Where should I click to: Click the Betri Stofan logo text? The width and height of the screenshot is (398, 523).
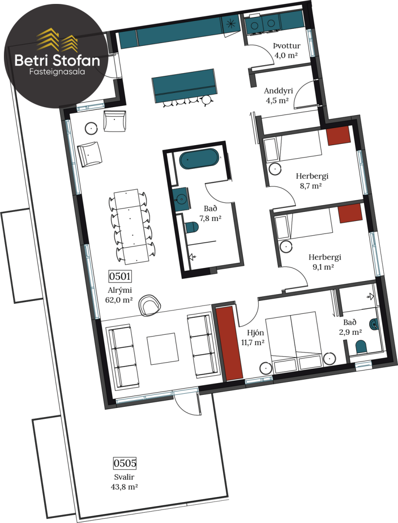pyautogui.click(x=57, y=61)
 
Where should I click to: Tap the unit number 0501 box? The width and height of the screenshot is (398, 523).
pyautogui.click(x=120, y=276)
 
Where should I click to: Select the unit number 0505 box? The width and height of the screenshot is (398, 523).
pyautogui.click(x=125, y=463)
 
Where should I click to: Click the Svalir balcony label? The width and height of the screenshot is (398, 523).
pyautogui.click(x=124, y=477)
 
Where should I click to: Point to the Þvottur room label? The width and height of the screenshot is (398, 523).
pyautogui.click(x=287, y=45)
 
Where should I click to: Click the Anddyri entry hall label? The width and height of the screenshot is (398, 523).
pyautogui.click(x=279, y=91)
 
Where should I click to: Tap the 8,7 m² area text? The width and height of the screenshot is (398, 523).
pyautogui.click(x=311, y=186)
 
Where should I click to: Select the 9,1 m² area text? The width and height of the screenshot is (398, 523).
pyautogui.click(x=323, y=267)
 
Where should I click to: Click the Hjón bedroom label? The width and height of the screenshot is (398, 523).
pyautogui.click(x=255, y=333)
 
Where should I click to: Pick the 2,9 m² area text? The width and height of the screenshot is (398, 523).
pyautogui.click(x=350, y=332)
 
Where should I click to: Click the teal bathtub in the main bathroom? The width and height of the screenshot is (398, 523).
pyautogui.click(x=199, y=159)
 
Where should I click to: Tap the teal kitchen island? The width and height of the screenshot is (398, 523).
pyautogui.click(x=185, y=85)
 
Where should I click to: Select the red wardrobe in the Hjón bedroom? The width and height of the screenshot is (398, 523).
pyautogui.click(x=229, y=343)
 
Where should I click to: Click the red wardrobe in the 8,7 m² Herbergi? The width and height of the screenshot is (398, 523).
pyautogui.click(x=338, y=136)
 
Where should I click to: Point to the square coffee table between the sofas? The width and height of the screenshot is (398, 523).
pyautogui.click(x=163, y=349)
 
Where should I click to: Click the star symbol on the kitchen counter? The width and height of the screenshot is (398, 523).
pyautogui.click(x=231, y=24)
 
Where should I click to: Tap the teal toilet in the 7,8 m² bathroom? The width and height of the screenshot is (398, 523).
pyautogui.click(x=192, y=228)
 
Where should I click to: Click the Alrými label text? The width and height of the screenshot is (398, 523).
pyautogui.click(x=119, y=290)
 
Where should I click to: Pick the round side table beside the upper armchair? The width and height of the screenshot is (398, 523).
pyautogui.click(x=91, y=129)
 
